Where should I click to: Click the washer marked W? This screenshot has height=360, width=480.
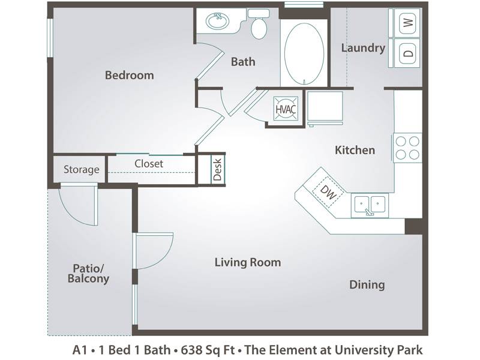point(404,22)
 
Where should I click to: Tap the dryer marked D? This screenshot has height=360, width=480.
point(404,53)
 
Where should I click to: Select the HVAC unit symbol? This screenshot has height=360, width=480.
point(286,109)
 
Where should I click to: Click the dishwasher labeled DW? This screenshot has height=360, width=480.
point(328,192)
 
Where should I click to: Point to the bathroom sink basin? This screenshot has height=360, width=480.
point(217,21)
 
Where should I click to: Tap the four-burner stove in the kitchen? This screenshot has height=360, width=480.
point(408,148)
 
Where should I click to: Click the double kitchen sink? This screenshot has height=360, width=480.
point(370,205)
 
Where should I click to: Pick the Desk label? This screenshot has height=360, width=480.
point(217,170)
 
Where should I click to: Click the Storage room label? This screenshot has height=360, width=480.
point(82,169)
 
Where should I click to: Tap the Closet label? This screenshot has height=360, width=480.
point(149,164)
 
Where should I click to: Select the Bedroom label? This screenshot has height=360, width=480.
point(130,76)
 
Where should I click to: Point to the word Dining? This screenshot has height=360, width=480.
point(367,285)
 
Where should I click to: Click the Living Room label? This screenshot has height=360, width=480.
point(248,262)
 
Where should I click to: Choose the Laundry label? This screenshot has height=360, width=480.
point(363,48)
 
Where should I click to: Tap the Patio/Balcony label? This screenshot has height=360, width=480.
point(88,274)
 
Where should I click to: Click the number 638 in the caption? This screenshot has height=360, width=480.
point(190,350)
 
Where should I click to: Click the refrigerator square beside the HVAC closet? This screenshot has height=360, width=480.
point(325,108)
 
